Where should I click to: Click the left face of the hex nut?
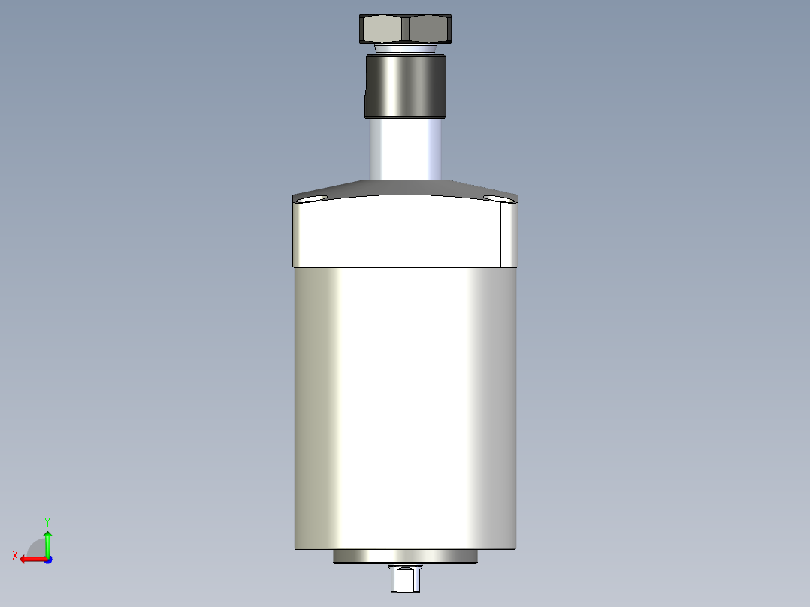(383, 29)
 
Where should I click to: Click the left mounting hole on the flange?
(312, 199)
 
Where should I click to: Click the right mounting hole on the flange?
(497, 199)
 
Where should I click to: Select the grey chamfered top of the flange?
(405, 188)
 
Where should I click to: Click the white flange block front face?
(405, 233)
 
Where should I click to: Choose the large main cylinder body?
(405, 406)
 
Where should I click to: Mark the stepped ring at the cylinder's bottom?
(405, 557)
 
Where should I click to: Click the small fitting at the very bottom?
(405, 579)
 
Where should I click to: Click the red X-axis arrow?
(30, 559)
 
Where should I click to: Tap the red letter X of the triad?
(15, 555)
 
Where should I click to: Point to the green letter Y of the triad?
(47, 521)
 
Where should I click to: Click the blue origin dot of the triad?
(47, 559)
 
